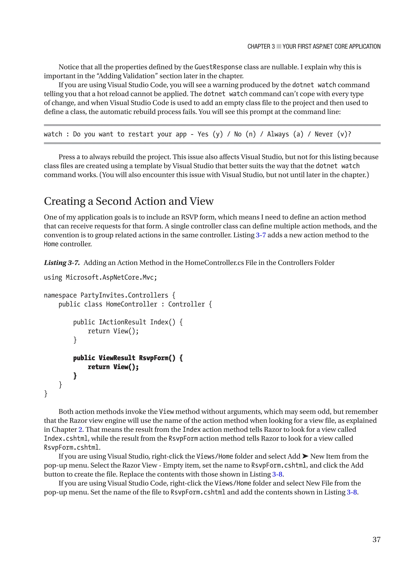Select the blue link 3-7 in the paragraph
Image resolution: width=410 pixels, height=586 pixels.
[260, 235]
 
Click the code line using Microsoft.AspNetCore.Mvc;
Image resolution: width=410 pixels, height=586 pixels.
[100, 277]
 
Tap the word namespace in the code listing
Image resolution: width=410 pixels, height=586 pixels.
[60, 295]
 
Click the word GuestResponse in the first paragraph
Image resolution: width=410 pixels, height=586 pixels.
[218, 67]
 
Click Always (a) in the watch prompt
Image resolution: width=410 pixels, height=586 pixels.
[285, 134]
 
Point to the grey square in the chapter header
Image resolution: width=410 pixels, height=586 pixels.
[279, 46]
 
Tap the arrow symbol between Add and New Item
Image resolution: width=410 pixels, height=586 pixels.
[305, 456]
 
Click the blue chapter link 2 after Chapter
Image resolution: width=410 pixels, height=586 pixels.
[80, 429]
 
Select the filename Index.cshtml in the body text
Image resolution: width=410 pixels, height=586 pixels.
[66, 438]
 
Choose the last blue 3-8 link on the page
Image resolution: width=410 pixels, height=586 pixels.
[352, 492]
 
